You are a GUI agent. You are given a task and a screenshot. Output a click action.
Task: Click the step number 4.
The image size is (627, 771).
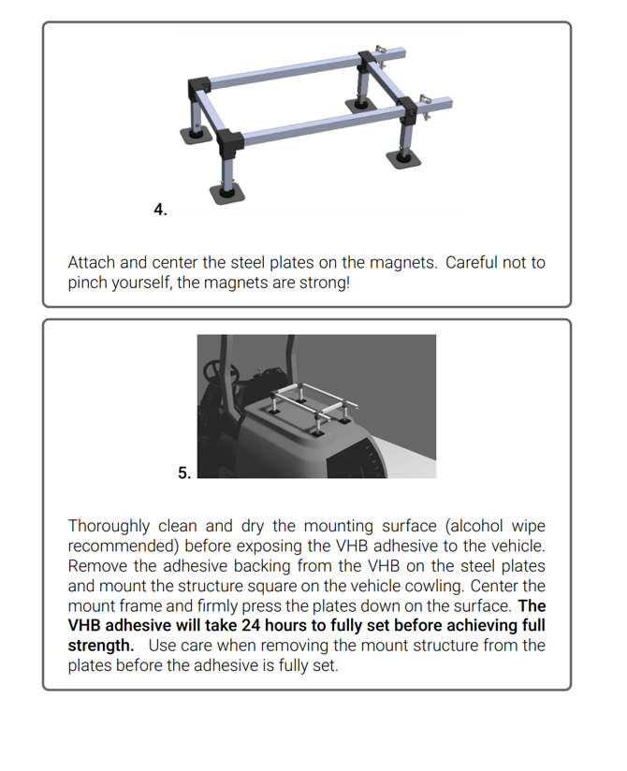point(160,210)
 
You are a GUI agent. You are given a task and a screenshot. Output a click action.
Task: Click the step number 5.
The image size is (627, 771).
point(184,473)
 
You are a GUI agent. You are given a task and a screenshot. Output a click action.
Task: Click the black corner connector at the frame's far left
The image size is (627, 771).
point(198,87)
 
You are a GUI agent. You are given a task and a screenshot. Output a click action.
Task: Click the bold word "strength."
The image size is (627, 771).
point(100,647)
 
